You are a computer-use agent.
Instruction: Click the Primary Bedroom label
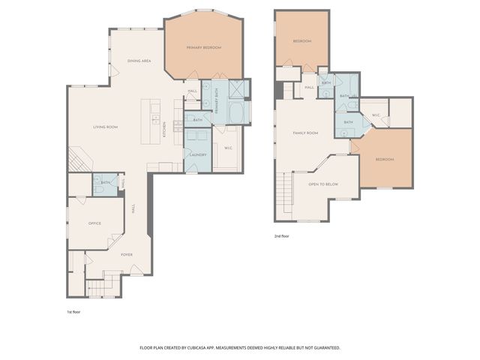click(204, 48)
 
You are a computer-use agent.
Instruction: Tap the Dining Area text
click(139, 61)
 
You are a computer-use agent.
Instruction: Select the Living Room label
click(105, 127)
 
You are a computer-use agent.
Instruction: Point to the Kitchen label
click(164, 131)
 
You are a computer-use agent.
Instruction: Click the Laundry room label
click(198, 154)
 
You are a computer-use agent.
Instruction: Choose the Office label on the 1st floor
click(94, 223)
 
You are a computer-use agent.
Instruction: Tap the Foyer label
click(127, 254)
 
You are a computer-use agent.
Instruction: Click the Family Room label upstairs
click(305, 133)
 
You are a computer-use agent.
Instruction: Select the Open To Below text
click(323, 184)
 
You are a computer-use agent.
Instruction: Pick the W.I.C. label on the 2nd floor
click(376, 115)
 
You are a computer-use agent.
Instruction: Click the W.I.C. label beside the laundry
click(228, 148)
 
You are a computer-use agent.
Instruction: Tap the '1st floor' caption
click(74, 310)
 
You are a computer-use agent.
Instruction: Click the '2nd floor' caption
click(281, 235)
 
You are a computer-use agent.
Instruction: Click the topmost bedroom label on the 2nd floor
click(301, 40)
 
